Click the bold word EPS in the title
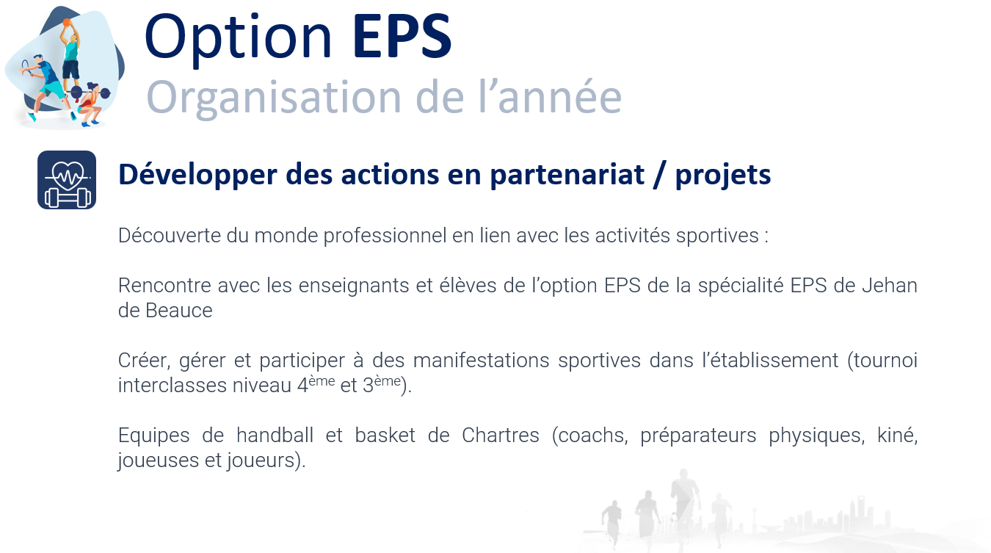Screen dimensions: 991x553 [402, 36]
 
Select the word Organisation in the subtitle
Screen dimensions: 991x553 [274, 99]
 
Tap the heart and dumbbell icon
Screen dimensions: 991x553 [67, 180]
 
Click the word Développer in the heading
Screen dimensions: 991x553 [197, 176]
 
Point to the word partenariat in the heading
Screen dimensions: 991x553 [567, 176]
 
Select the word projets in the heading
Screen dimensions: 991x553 [723, 176]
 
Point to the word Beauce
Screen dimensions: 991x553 [178, 311]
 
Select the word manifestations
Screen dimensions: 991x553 [481, 361]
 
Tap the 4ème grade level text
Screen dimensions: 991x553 [316, 383]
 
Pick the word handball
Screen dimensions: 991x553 [275, 435]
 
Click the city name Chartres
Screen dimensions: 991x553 [501, 435]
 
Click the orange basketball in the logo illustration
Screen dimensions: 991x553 [67, 22]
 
